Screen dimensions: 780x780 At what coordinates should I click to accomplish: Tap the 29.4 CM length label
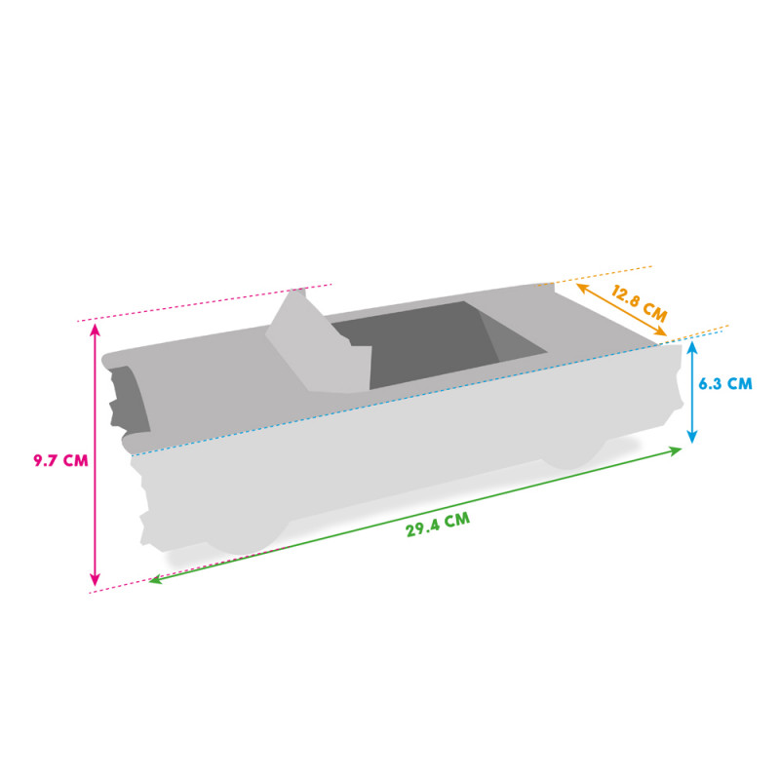[438, 524]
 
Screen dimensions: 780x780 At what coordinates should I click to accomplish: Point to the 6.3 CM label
[725, 384]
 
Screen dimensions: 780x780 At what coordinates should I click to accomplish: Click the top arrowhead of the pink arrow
[95, 329]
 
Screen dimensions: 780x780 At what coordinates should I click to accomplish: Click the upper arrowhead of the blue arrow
[691, 345]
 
